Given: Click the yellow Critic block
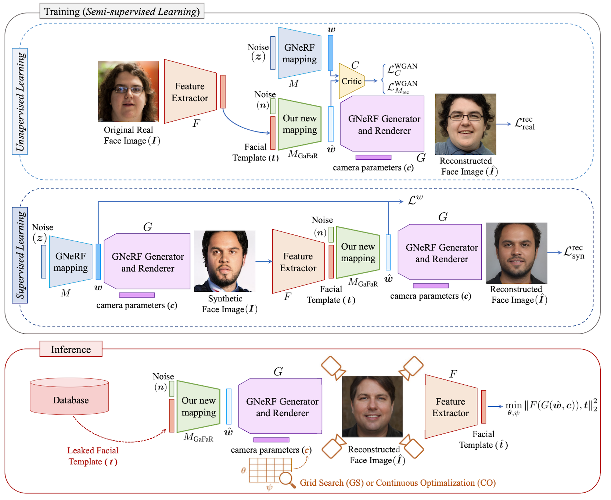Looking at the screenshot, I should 351,81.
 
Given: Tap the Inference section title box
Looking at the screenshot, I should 71,349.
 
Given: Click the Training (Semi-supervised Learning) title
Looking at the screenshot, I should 122,11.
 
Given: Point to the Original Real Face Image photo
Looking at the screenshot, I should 128,91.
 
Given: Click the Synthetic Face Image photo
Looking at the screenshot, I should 224,261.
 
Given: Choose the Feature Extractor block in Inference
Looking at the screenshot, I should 451,407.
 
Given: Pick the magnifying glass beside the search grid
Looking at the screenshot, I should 286,479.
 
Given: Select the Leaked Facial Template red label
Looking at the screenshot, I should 93,456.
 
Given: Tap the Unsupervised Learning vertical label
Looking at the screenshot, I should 20,101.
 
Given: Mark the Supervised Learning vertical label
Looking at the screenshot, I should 20,255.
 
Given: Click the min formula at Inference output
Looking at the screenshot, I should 550,406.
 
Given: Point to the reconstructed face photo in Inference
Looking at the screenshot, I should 372,406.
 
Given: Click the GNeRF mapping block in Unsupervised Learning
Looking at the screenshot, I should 299,53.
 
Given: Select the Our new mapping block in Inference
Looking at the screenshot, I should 198,406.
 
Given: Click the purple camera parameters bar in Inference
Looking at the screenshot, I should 271,440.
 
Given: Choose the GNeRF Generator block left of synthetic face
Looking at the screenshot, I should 147,262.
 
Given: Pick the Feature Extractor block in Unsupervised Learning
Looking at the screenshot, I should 190,92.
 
